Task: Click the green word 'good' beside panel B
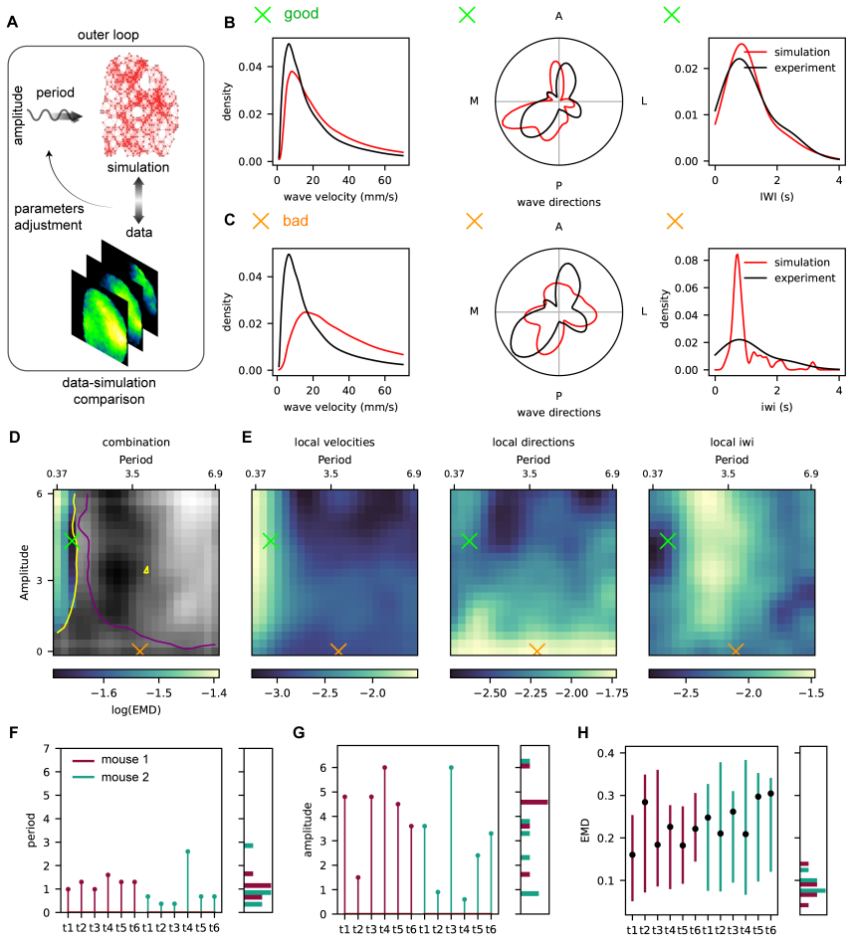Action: [x=301, y=14]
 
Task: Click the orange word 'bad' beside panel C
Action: [x=296, y=221]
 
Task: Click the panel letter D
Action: [x=14, y=437]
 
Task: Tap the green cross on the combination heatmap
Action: [x=72, y=541]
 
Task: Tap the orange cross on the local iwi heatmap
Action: [x=736, y=650]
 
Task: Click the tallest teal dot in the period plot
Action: [x=188, y=851]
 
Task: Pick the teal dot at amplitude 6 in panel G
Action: [x=451, y=768]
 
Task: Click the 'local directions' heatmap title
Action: [x=533, y=443]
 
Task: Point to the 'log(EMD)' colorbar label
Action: [x=136, y=710]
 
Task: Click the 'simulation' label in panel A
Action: [x=138, y=167]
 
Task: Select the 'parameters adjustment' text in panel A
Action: [x=49, y=217]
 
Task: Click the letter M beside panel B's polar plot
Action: [x=475, y=100]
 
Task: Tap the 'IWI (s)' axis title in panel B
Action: [x=776, y=196]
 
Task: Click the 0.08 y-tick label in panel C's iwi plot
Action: [x=687, y=261]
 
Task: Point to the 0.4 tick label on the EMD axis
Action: [x=606, y=753]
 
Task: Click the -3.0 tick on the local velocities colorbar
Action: [x=278, y=693]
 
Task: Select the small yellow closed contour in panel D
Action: [x=146, y=570]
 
